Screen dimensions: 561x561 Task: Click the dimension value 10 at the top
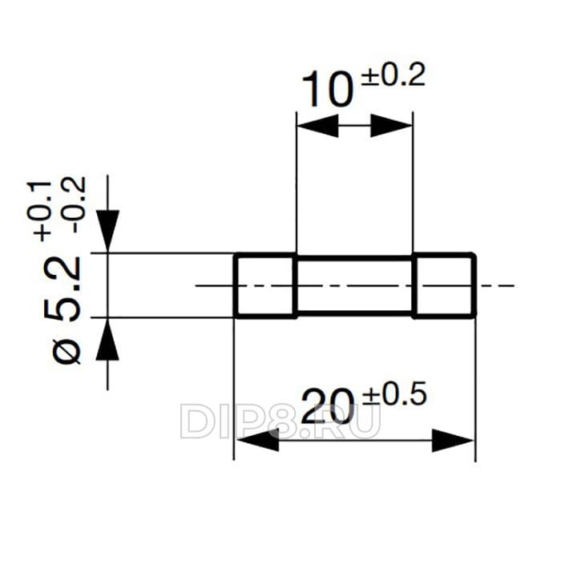click(x=327, y=90)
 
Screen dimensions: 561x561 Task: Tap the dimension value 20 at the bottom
click(x=328, y=407)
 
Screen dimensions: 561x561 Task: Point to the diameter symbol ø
click(x=67, y=351)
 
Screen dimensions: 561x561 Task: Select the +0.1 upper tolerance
click(x=39, y=211)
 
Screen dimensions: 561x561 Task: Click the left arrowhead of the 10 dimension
click(x=317, y=126)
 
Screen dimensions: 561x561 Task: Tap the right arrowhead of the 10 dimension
click(x=391, y=126)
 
